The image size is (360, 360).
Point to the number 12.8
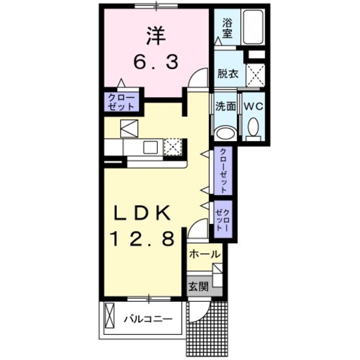point(143,239)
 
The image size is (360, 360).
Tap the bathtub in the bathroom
point(256,27)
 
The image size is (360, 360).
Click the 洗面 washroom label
point(226,107)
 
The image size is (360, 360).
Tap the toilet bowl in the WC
point(253,128)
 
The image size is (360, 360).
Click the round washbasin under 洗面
point(226,133)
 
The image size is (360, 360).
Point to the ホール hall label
point(204,254)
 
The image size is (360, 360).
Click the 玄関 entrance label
point(199,287)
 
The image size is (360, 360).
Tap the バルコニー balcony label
point(148,319)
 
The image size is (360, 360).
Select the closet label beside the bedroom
point(122,101)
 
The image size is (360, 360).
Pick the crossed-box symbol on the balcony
point(110,317)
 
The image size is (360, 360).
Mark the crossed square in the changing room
point(256,76)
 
